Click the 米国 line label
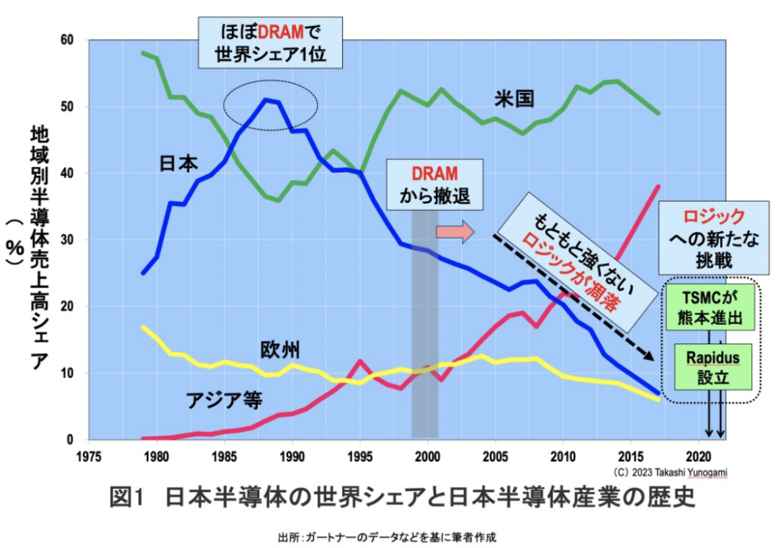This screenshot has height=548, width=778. pos(514,99)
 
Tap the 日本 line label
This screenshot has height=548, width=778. pos(178,164)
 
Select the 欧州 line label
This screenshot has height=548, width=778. pos(280,350)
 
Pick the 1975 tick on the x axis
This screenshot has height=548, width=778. pos(89,455)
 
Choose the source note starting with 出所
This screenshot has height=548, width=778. pos(387,537)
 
